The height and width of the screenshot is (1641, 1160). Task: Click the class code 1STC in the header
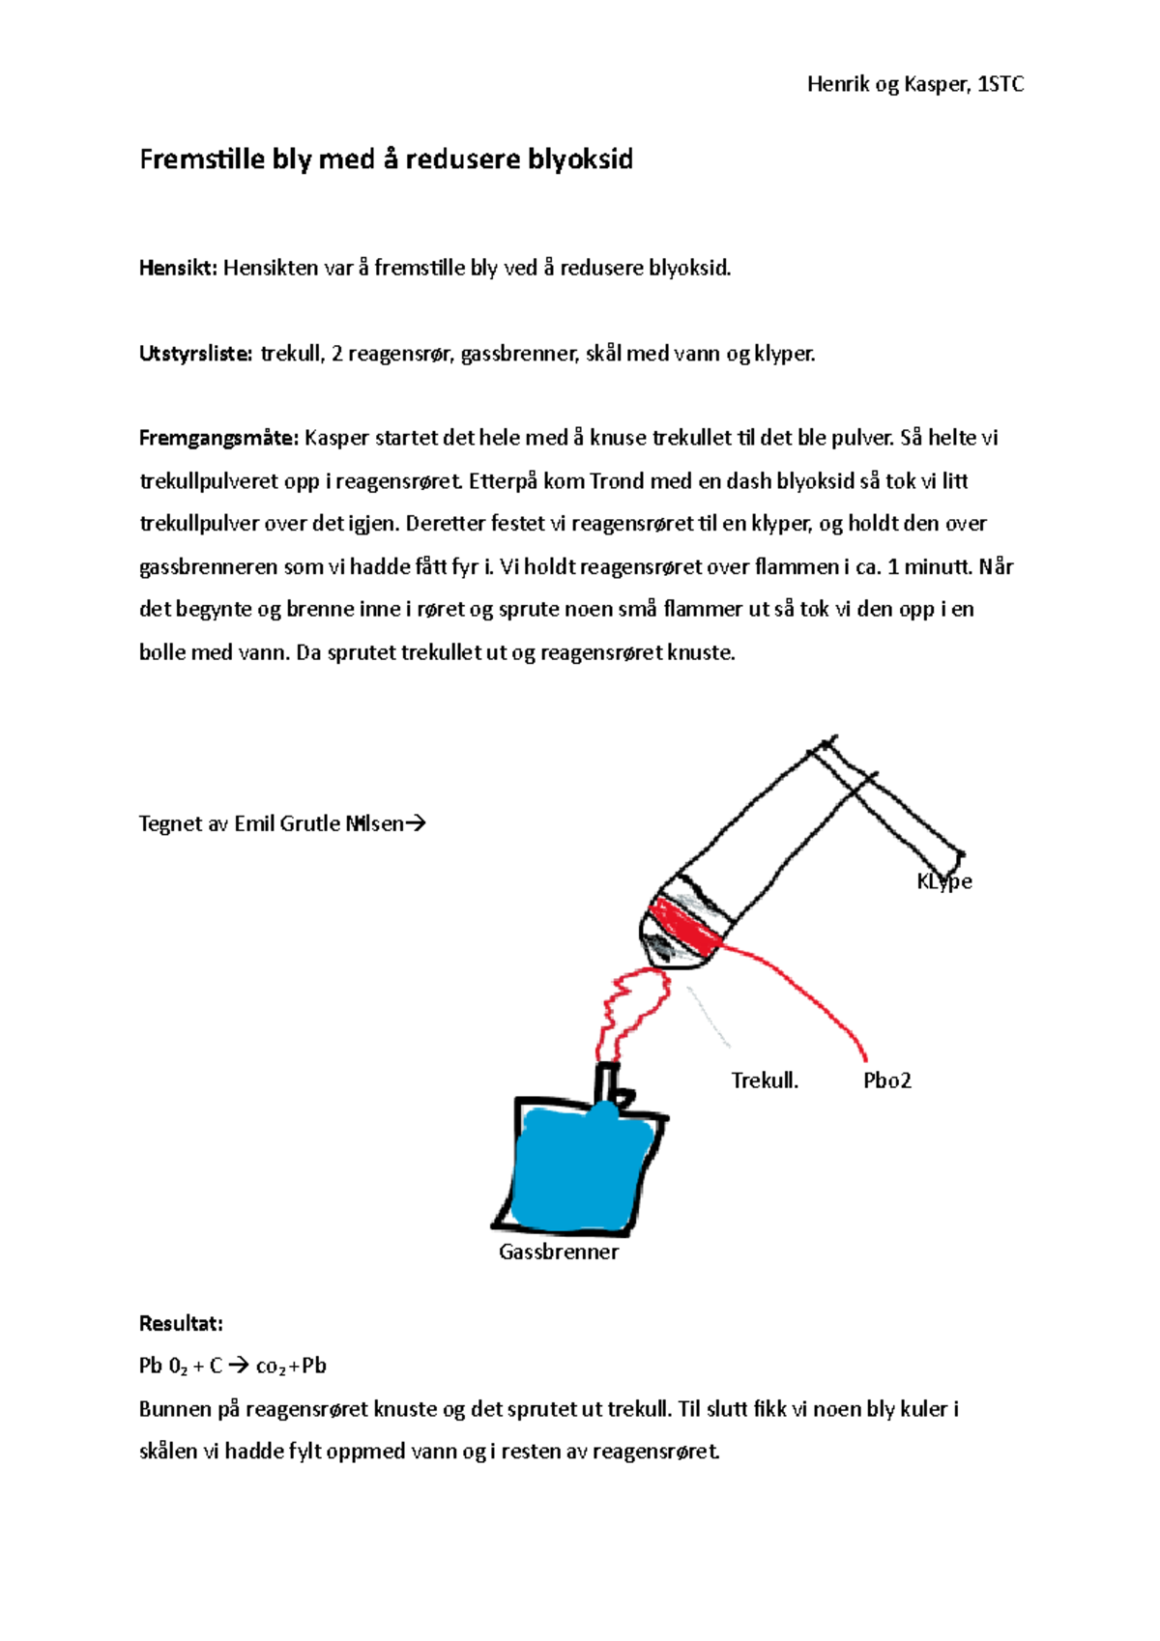coord(1001,85)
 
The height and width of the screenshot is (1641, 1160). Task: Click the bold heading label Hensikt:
coord(178,268)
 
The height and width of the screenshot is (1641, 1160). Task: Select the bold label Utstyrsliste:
coord(195,354)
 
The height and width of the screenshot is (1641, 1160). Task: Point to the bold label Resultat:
coord(181,1324)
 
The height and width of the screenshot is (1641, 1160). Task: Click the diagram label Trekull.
coord(765,1080)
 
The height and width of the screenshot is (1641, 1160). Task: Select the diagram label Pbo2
coord(886,1080)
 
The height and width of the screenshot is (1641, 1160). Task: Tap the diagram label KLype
coord(943,881)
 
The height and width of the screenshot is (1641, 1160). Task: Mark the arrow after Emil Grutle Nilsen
coord(415,824)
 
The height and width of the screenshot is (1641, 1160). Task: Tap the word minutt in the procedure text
coord(938,567)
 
